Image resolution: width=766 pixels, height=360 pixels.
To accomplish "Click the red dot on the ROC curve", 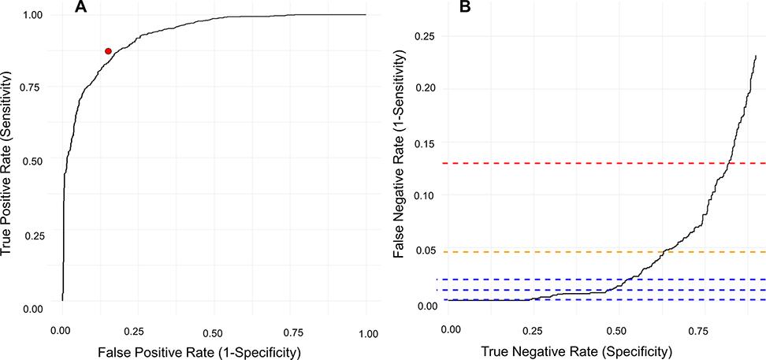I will [x=108, y=51].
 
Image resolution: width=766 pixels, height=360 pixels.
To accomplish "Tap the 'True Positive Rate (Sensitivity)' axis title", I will [x=10, y=162].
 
